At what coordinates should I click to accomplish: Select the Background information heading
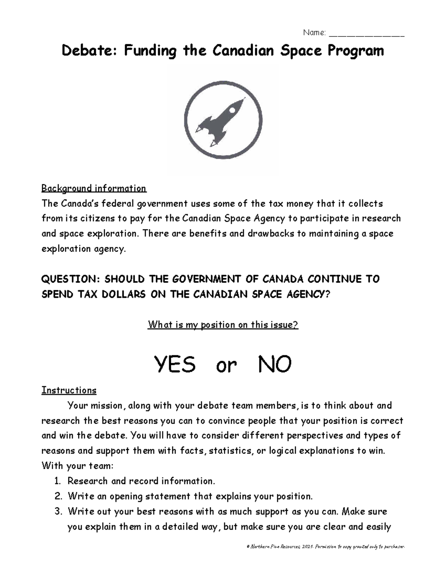[94, 188]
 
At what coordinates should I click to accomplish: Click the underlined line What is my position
[223, 325]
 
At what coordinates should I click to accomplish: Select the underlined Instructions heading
[69, 390]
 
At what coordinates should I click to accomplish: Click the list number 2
[58, 496]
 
